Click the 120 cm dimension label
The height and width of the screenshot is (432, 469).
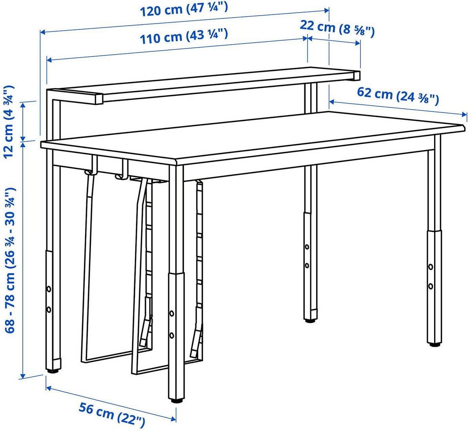184,10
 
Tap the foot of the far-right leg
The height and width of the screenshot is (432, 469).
434,344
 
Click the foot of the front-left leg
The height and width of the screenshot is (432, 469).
54,371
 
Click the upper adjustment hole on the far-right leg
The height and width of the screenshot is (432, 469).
431,267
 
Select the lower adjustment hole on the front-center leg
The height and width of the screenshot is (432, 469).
172,335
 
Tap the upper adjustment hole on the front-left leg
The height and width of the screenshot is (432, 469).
49,289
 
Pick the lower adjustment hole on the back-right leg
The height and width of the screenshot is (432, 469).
307,265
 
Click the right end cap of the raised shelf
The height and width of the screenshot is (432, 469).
356,76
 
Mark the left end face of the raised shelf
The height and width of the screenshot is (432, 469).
99,99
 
